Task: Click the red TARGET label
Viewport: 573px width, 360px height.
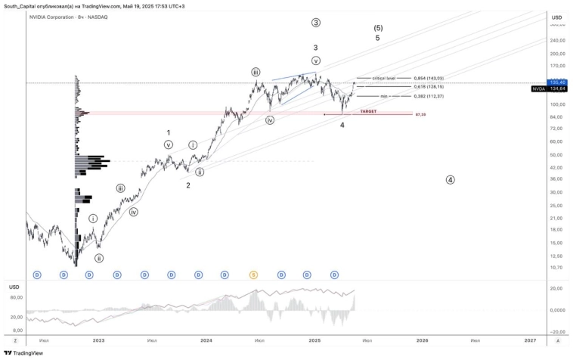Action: [x=368, y=111]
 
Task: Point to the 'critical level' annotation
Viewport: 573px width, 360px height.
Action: [x=384, y=78]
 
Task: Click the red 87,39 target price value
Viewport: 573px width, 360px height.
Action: [x=420, y=114]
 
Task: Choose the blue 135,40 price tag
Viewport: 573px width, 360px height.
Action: [x=558, y=82]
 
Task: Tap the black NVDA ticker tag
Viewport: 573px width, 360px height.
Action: [x=538, y=88]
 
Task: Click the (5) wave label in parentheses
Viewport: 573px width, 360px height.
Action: [x=378, y=28]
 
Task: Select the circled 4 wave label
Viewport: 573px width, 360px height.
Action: [x=451, y=180]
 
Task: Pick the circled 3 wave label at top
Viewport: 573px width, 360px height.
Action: [x=315, y=23]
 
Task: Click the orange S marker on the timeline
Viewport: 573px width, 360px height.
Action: [x=253, y=275]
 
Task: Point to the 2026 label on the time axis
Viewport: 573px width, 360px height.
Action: [x=422, y=340]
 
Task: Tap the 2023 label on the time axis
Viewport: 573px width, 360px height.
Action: [x=98, y=340]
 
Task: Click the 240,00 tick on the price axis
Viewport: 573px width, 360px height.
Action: [x=559, y=40]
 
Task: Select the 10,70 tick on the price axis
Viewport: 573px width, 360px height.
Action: [x=558, y=267]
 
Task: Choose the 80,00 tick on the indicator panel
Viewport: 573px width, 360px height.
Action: [x=16, y=297]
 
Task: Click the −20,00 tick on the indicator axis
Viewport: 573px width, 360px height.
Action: [x=559, y=331]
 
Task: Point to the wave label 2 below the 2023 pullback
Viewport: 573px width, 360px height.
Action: [x=188, y=185]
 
